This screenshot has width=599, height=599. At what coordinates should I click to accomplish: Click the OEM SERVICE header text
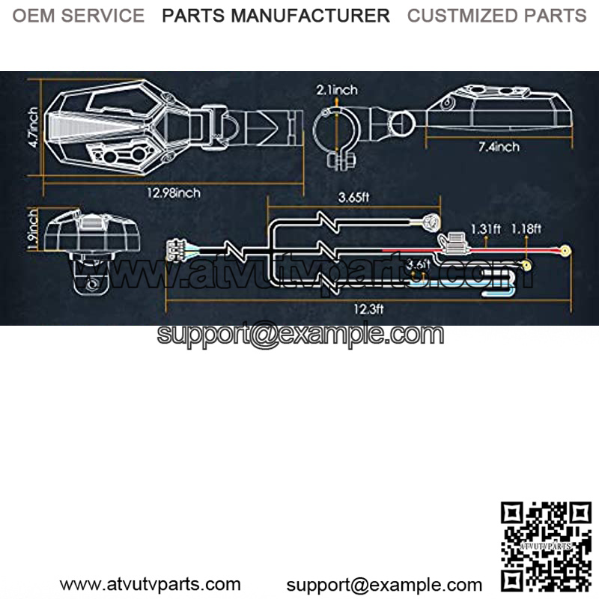click(79, 16)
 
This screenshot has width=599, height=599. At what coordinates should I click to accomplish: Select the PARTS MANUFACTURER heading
click(276, 16)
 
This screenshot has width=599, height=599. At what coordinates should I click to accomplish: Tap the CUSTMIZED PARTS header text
click(496, 16)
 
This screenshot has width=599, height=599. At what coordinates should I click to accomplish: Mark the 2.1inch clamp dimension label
click(337, 91)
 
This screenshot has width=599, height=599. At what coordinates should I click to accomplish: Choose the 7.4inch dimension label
click(499, 147)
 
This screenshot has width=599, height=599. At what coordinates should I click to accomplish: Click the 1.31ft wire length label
click(485, 228)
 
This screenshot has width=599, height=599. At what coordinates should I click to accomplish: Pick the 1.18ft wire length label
click(526, 228)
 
